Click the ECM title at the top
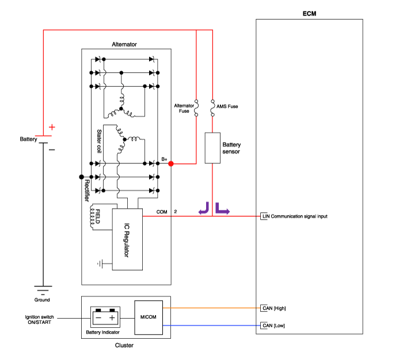(309, 13)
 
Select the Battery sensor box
(213, 147)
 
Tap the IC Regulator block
(127, 239)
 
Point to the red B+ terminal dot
(171, 164)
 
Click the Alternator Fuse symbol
(196, 108)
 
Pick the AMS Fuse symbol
(213, 108)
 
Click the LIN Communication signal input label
(295, 216)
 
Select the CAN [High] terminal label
(273, 308)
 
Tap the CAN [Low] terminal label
(273, 326)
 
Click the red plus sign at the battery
(52, 127)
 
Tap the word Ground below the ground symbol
(43, 300)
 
